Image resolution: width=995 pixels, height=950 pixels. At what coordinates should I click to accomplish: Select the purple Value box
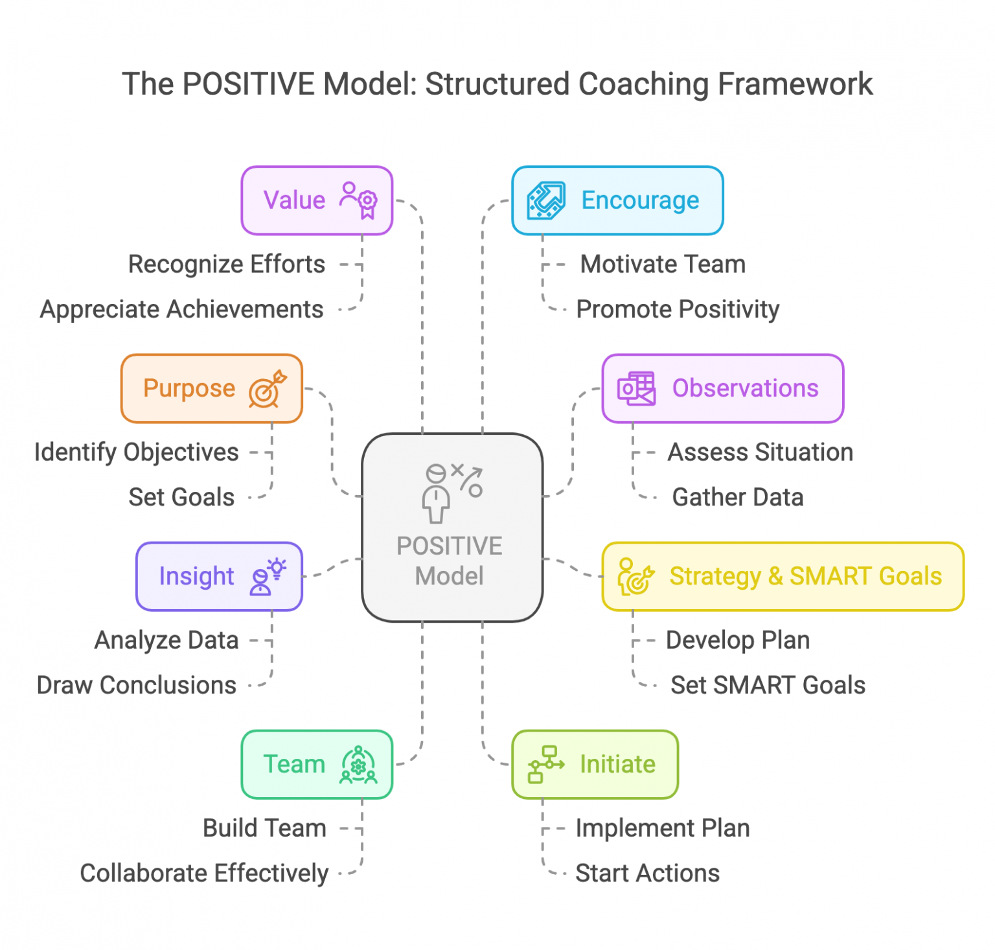(x=317, y=200)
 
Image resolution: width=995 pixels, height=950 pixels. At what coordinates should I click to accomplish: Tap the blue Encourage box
(x=617, y=200)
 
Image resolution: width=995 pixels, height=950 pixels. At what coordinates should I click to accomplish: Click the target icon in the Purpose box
(x=267, y=389)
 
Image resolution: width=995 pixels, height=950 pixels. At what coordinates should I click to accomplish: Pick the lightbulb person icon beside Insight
(x=267, y=576)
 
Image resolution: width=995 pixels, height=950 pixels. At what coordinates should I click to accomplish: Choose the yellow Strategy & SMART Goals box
(x=783, y=576)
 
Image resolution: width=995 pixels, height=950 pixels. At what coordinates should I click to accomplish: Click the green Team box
(x=317, y=764)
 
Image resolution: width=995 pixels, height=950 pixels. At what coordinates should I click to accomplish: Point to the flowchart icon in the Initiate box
(x=545, y=764)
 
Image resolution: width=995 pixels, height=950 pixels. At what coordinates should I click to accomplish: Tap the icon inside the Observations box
(x=636, y=389)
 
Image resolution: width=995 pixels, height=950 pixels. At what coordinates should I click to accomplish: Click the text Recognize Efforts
(x=226, y=264)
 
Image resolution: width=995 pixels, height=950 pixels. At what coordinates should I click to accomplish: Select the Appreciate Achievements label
(x=181, y=310)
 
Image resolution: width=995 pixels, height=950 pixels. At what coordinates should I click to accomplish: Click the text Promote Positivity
(x=677, y=310)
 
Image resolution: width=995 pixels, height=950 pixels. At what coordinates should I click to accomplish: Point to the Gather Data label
(x=737, y=498)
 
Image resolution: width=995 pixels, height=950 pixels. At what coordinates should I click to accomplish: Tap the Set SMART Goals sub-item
(x=767, y=686)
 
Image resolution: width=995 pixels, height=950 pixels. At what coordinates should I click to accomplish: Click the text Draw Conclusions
(x=136, y=686)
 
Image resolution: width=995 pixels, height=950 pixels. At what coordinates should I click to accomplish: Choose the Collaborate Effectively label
(x=203, y=874)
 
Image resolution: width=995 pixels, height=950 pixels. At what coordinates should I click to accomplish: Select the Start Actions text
(x=647, y=874)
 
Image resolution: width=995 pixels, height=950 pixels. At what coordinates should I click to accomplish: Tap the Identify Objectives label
(x=136, y=452)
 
